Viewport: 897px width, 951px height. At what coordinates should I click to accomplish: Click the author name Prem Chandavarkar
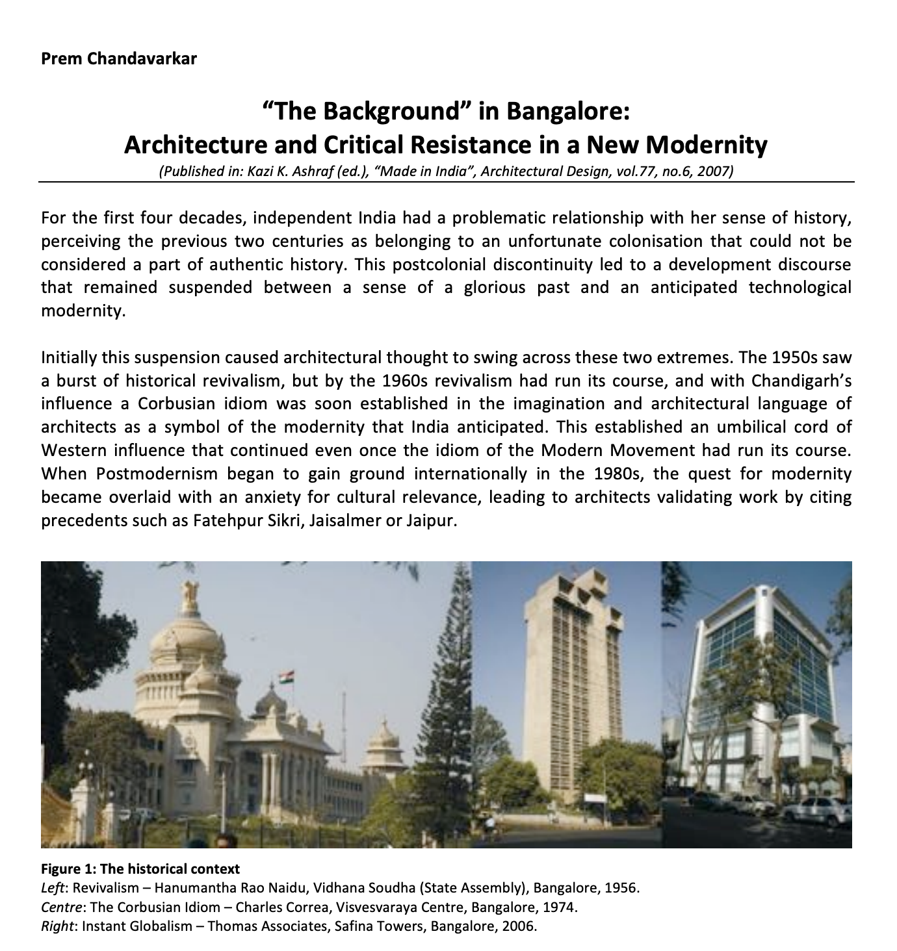[x=118, y=59]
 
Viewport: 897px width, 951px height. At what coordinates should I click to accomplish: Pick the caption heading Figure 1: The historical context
[x=140, y=869]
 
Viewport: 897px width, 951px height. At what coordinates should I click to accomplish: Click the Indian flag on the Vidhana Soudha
[x=286, y=678]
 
